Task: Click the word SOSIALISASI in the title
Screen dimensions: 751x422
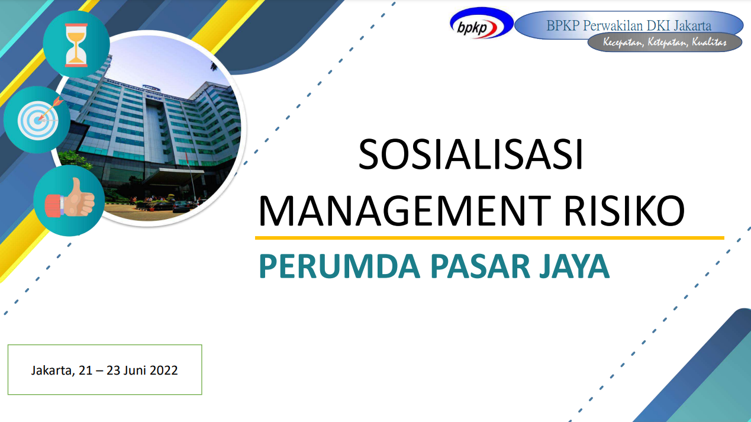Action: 470,154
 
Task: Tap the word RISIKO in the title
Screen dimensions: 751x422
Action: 624,211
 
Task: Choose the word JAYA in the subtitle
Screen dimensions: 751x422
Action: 574,266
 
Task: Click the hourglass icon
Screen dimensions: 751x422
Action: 76,45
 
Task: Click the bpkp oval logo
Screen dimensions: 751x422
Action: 482,24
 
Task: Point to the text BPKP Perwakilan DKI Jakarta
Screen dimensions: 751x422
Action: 628,25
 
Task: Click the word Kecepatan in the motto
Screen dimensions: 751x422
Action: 623,43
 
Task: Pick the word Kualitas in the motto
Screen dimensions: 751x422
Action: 710,43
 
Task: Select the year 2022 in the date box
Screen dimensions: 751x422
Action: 163,370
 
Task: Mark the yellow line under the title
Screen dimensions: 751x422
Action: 489,238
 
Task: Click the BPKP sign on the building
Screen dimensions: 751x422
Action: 154,99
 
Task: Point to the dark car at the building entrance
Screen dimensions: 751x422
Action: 181,206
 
